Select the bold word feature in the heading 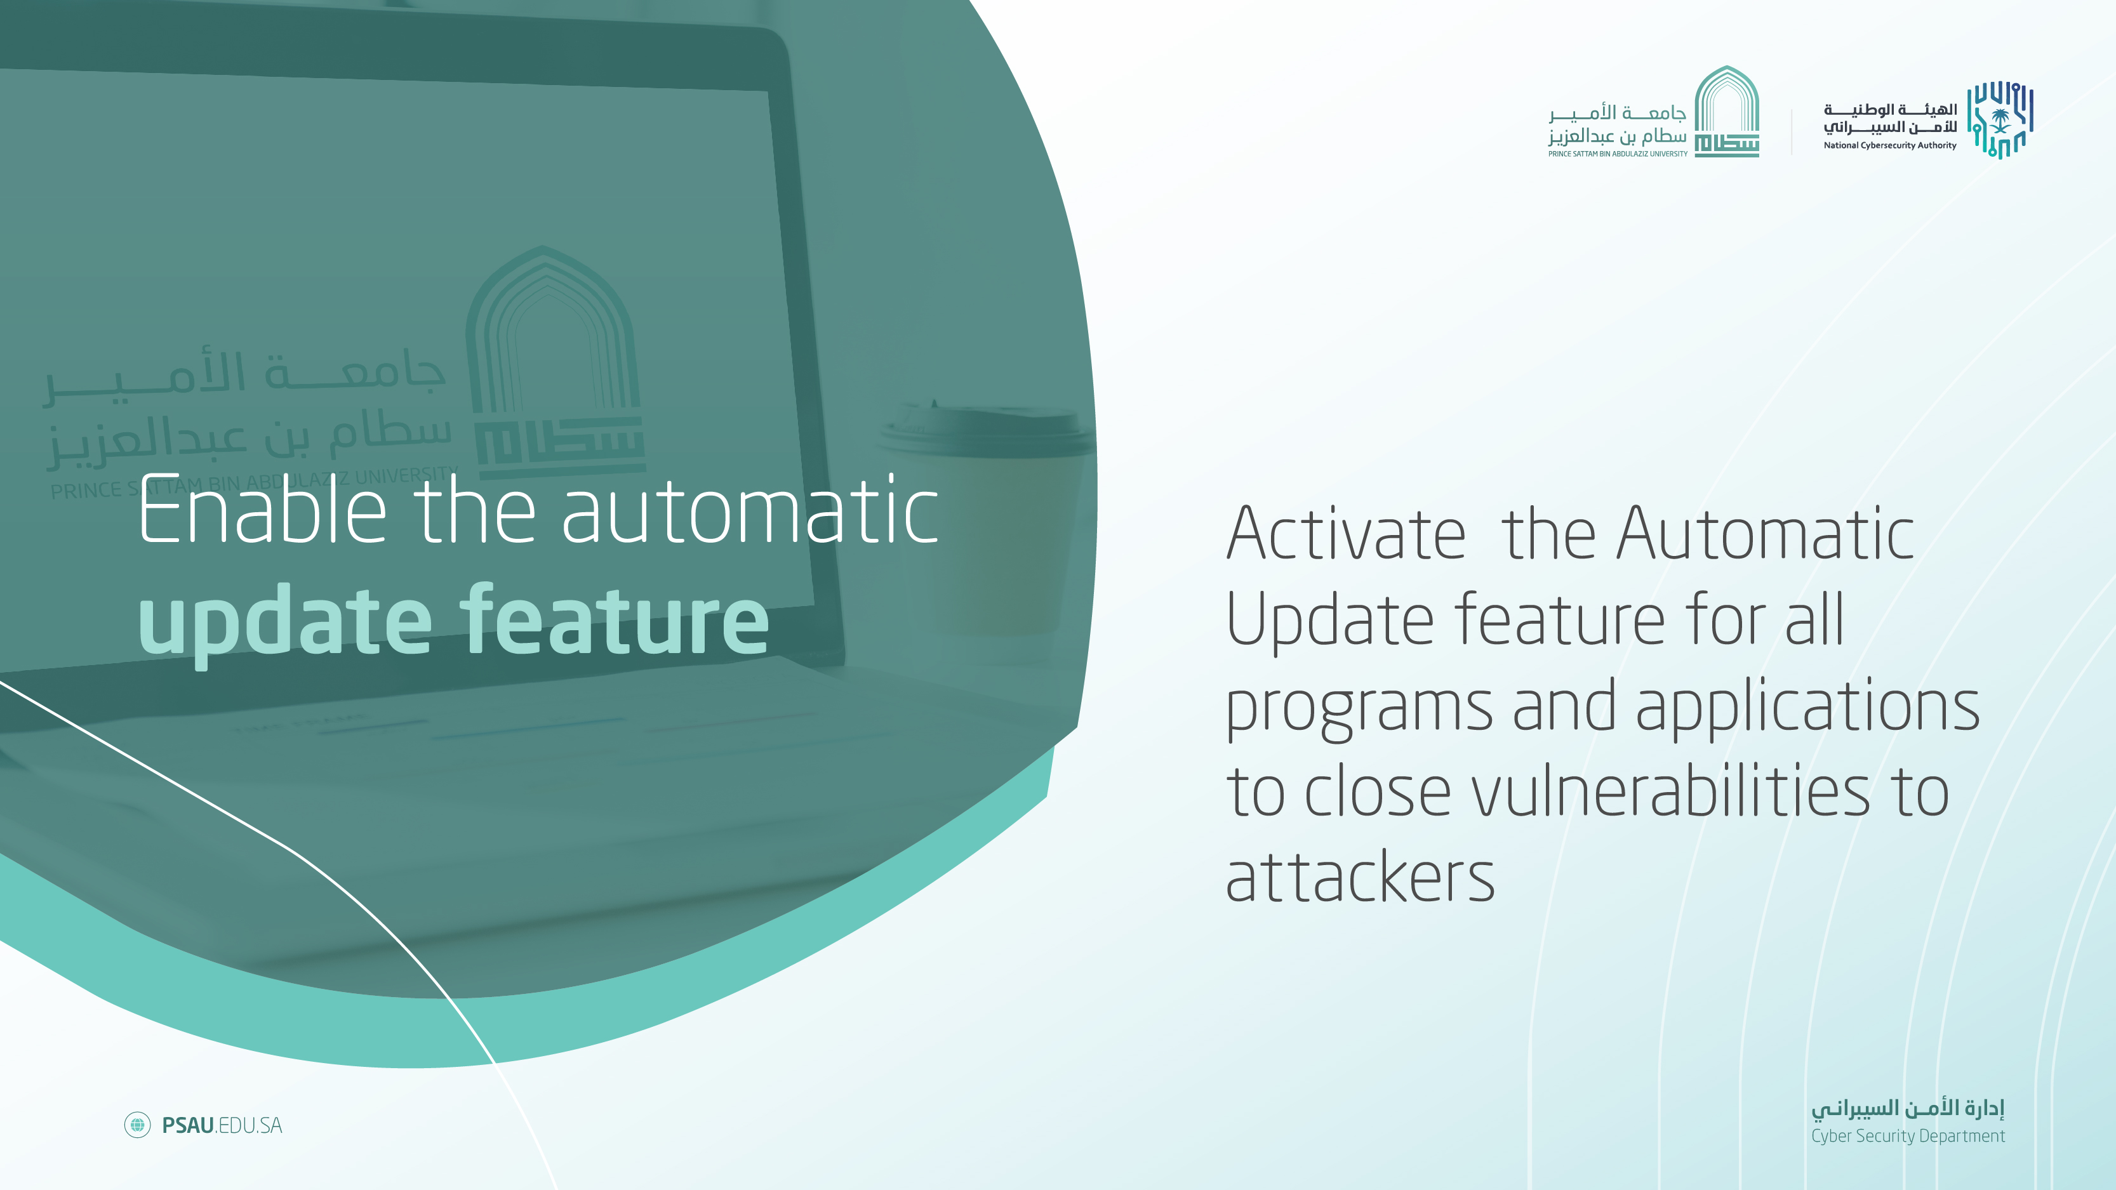[615, 618]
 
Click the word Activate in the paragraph [1345, 534]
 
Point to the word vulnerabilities [1670, 791]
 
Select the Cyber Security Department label [1907, 1136]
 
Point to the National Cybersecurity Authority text [1890, 145]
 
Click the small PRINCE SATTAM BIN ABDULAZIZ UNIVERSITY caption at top [1618, 154]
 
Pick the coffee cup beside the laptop [986, 517]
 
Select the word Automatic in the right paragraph [1766, 534]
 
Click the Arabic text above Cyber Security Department [1907, 1109]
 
